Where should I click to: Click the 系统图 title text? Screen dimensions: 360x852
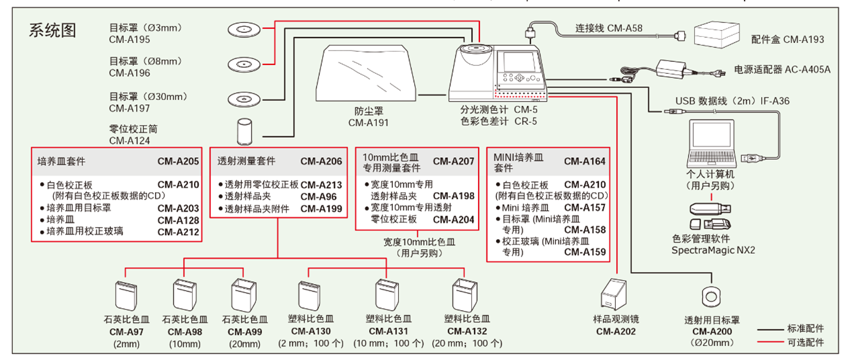52,30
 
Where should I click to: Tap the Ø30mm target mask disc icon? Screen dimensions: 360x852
242,97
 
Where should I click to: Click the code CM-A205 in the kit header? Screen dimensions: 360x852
178,161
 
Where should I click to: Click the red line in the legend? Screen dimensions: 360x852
771,343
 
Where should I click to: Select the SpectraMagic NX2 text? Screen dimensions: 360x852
713,250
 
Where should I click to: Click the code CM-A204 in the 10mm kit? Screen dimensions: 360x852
453,219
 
